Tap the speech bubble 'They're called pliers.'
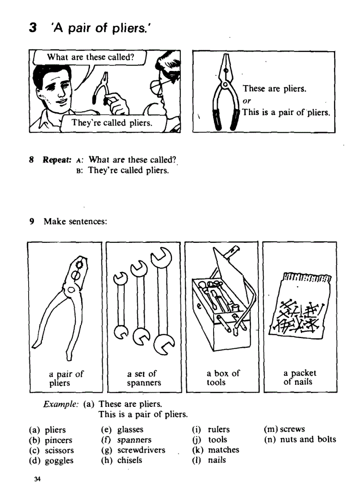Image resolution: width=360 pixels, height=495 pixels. pyautogui.click(x=112, y=123)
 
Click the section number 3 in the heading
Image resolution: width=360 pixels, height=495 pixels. pyautogui.click(x=33, y=28)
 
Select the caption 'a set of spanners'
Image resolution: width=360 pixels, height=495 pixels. pyautogui.click(x=144, y=378)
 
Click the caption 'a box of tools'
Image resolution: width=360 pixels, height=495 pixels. pyautogui.click(x=223, y=378)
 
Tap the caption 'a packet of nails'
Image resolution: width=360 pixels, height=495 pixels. pyautogui.click(x=300, y=378)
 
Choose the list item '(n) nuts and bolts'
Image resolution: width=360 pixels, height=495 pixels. pyautogui.click(x=300, y=439)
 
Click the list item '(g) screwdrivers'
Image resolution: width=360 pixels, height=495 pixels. pyautogui.click(x=133, y=450)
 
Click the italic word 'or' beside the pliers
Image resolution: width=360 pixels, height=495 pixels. pyautogui.click(x=247, y=101)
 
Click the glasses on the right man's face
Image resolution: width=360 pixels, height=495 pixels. pyautogui.click(x=159, y=83)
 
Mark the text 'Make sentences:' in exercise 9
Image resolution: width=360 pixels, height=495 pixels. pyautogui.click(x=75, y=221)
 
